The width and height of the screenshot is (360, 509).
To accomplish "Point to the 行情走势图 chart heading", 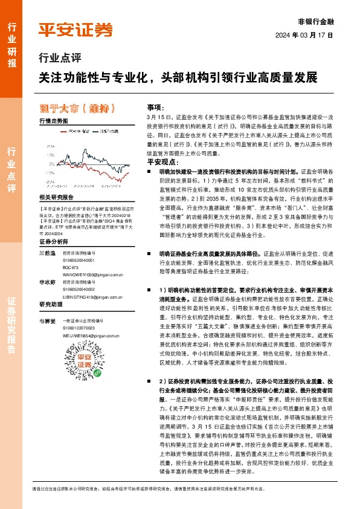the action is pos(53,121).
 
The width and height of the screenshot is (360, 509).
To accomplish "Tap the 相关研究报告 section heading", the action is pos(56,197).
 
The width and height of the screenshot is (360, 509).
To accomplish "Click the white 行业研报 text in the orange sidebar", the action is pos(11,45).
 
